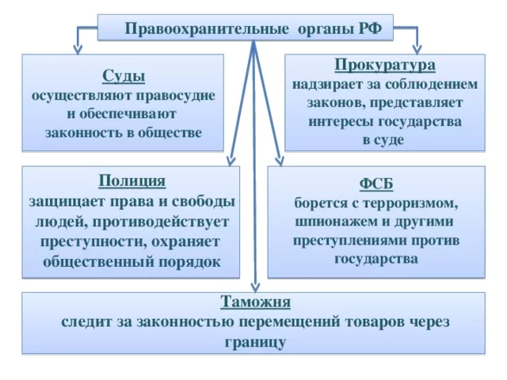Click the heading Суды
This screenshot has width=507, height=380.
coord(124,77)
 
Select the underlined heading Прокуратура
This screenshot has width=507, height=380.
coord(385,65)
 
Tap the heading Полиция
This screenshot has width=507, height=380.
coord(132,180)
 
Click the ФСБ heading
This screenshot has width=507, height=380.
coord(376,184)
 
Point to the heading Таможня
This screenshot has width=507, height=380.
coord(255,302)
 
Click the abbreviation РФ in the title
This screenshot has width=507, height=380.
coord(370,28)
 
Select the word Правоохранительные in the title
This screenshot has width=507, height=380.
coord(207,29)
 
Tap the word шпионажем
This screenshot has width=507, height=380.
coord(333,222)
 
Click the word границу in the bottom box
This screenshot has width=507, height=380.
coord(255,342)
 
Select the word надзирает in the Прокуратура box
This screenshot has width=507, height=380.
coord(327,85)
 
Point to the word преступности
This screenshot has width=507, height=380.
coord(92,242)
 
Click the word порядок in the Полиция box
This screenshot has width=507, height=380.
coord(189,262)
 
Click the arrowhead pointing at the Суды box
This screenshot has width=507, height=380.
coord(78,50)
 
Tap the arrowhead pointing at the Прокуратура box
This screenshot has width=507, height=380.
coord(417,50)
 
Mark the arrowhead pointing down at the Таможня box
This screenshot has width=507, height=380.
coord(255,287)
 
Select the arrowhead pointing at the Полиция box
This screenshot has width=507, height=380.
coord(231,161)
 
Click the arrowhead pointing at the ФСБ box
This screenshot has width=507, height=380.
coord(280,161)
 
